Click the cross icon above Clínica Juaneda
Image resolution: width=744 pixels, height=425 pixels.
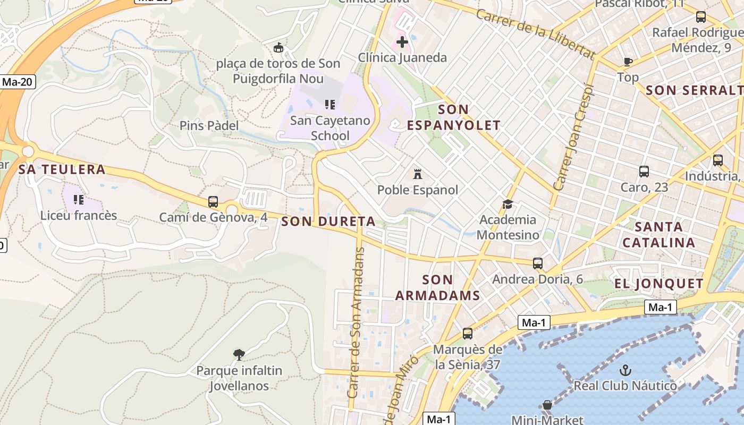[402, 41]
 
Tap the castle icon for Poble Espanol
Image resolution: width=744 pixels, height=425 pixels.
[418, 174]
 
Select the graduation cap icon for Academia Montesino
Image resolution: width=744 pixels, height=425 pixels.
[508, 204]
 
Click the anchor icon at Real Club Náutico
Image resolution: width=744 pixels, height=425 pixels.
[625, 370]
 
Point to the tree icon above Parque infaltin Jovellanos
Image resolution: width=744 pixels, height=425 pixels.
[239, 354]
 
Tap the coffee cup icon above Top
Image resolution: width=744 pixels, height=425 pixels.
[628, 62]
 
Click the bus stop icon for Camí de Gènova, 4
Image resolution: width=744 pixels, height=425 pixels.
[213, 202]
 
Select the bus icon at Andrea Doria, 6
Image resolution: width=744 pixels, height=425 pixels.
[538, 263]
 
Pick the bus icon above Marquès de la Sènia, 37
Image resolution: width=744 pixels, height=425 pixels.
[468, 334]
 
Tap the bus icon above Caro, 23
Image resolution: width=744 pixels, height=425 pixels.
[644, 172]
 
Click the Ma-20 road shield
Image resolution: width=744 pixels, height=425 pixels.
[18, 82]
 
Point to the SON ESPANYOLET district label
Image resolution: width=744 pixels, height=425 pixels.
[453, 117]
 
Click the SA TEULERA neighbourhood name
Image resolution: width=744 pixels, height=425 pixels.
[62, 169]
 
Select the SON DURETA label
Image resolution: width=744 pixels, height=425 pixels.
[328, 222]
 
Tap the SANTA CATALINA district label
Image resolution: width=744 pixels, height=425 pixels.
[659, 235]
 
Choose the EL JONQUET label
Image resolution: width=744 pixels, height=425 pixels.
[659, 284]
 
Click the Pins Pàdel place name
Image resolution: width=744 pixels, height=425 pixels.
[209, 126]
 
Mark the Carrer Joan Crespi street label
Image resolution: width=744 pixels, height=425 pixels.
[573, 137]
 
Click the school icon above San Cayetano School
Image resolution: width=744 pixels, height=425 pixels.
[329, 104]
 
